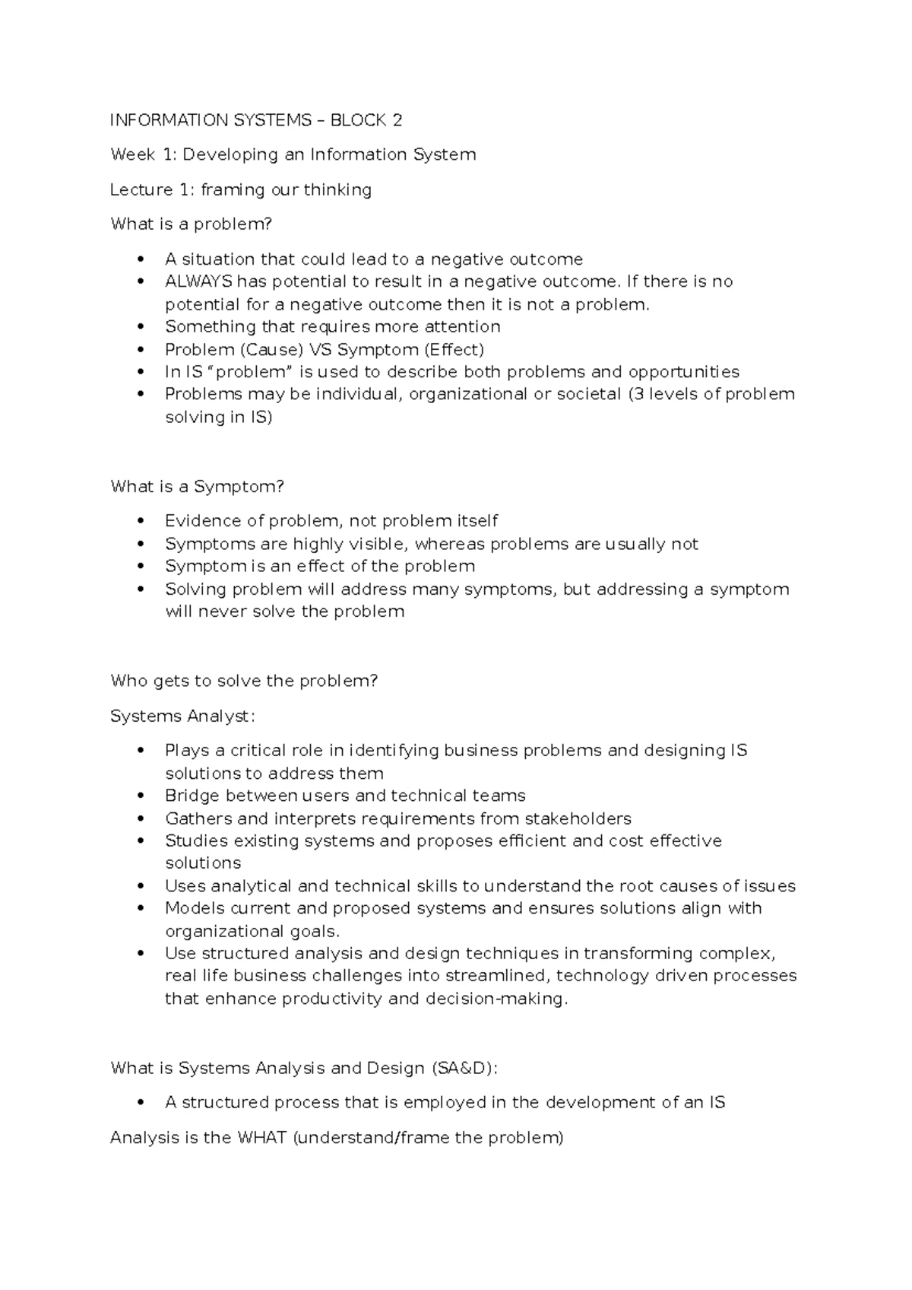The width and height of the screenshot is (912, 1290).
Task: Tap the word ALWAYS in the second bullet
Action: click(x=198, y=281)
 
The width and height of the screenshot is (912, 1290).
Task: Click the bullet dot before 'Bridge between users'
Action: click(x=140, y=796)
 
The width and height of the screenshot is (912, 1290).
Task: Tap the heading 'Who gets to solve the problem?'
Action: click(x=244, y=681)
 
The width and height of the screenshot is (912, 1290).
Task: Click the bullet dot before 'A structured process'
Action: click(x=140, y=1103)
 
